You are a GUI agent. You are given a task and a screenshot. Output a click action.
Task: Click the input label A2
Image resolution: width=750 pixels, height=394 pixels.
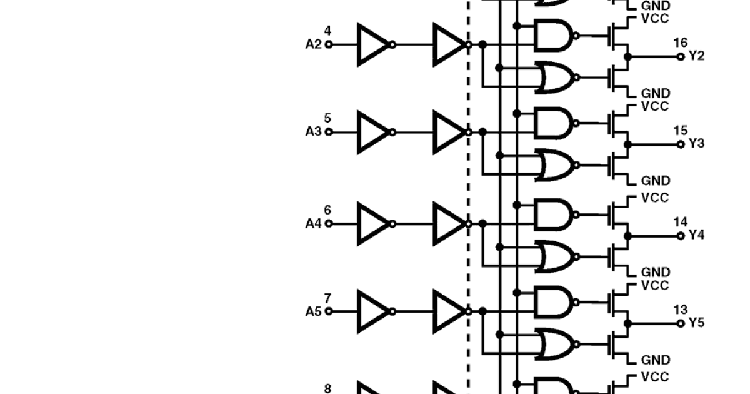click(x=313, y=44)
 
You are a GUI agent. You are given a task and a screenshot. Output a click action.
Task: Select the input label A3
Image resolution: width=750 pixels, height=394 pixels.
click(x=313, y=132)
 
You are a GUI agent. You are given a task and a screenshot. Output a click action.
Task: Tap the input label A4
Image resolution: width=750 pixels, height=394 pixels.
click(x=313, y=223)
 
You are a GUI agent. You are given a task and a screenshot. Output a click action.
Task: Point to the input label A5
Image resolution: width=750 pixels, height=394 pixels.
click(x=313, y=311)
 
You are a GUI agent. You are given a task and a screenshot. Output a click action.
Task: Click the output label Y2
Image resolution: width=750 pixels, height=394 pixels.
click(x=697, y=56)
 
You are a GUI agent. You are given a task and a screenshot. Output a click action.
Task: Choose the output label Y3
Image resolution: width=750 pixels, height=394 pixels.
click(x=697, y=144)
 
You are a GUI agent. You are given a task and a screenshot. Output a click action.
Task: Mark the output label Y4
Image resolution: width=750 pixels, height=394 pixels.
click(x=697, y=235)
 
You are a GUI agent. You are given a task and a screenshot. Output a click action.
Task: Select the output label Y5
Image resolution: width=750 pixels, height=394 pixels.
click(x=697, y=323)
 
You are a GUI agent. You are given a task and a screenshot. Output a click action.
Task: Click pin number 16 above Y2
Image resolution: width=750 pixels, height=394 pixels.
click(x=680, y=43)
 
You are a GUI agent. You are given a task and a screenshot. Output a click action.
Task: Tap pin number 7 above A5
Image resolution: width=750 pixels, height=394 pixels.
click(x=327, y=298)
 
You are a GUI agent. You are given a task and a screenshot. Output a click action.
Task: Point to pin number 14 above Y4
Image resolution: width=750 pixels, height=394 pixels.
click(x=680, y=222)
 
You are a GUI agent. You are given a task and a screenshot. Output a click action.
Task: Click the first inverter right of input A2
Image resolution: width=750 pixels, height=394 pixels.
click(x=373, y=44)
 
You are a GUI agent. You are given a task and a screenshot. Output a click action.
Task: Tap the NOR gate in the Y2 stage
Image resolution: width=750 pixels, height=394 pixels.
click(x=554, y=78)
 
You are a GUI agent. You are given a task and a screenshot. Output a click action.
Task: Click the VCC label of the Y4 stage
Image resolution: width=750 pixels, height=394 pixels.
click(x=655, y=198)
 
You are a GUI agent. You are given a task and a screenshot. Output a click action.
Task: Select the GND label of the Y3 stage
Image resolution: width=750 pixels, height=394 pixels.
click(x=655, y=181)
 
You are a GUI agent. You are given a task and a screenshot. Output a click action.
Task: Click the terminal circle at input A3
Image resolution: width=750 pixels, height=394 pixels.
click(x=329, y=132)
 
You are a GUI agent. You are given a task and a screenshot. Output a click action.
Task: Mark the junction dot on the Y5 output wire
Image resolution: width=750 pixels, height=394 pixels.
click(x=628, y=323)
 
